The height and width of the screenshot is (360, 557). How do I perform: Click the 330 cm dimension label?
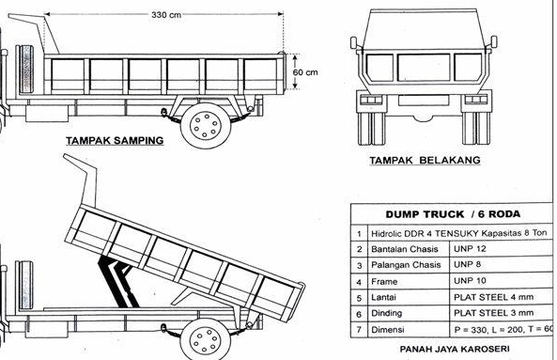pyautogui.click(x=167, y=14)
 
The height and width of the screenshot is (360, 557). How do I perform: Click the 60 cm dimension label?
pyautogui.click(x=305, y=72)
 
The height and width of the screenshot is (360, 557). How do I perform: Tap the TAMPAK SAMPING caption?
pyautogui.click(x=114, y=140)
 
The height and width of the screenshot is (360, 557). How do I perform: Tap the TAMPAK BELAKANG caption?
pyautogui.click(x=424, y=161)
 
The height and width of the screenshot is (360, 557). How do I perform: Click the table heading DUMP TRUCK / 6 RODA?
pyautogui.click(x=450, y=214)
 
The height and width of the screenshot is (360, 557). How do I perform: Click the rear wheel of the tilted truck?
pyautogui.click(x=205, y=336)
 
